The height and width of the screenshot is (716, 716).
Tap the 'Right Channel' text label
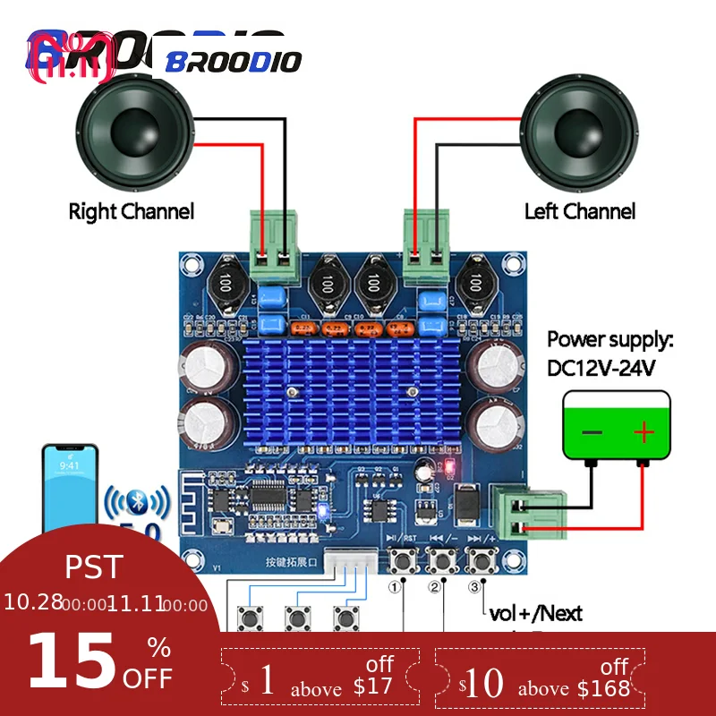(132, 212)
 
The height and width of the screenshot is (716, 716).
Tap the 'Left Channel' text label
(580, 212)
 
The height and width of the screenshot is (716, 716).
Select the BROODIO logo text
(234, 62)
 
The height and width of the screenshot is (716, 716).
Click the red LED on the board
(449, 467)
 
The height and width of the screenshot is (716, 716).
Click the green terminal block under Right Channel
(274, 237)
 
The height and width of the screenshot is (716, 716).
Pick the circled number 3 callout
(474, 587)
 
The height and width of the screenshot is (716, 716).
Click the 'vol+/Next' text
(535, 613)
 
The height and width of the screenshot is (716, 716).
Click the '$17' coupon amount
(373, 686)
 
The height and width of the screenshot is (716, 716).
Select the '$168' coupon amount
(602, 687)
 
